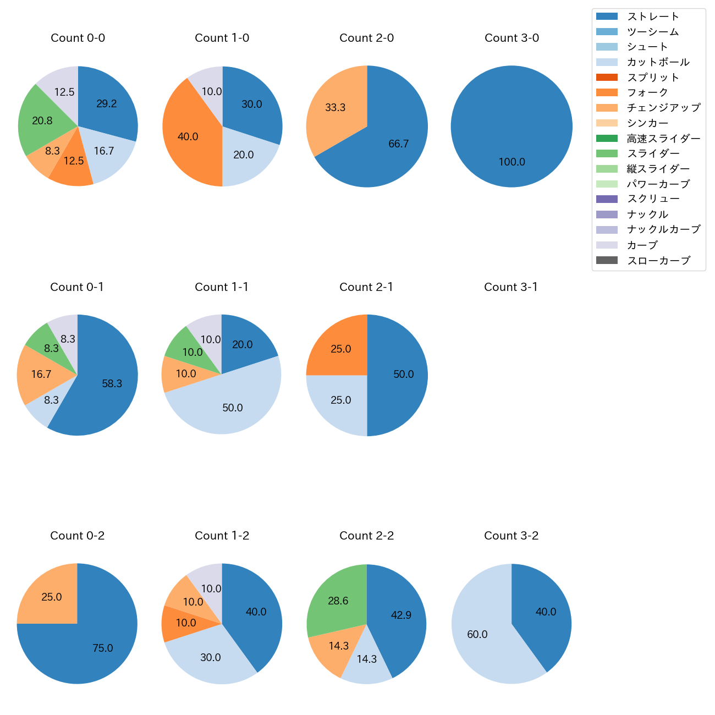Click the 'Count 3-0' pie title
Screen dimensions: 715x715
[x=512, y=38]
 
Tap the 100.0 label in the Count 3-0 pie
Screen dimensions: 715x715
[x=512, y=162]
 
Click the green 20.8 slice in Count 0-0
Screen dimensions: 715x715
[x=41, y=121]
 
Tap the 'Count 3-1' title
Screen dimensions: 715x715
[x=511, y=287]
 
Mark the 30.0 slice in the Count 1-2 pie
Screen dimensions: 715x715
[x=212, y=657]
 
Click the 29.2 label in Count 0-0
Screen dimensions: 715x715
[x=106, y=104]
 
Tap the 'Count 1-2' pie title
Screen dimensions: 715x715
[x=222, y=536]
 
